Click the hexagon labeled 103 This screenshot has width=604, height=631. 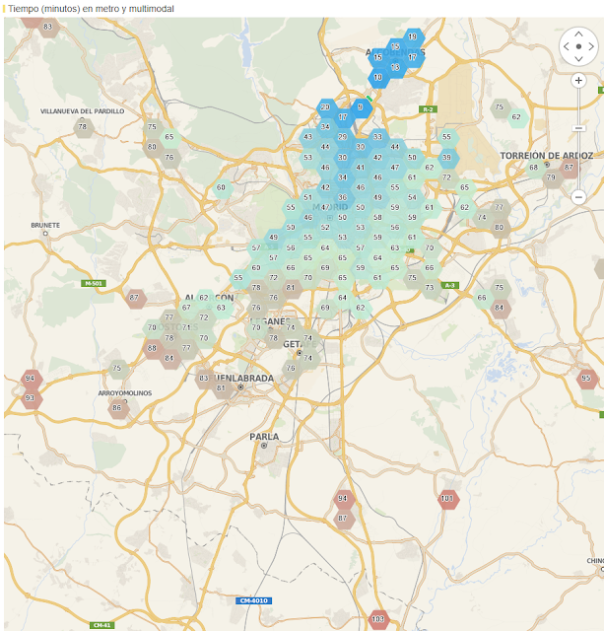[377, 620]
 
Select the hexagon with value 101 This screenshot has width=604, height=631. [448, 499]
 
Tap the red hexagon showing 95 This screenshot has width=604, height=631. [587, 378]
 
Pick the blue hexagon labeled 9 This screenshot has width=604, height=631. [361, 106]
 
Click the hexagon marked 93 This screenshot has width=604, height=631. [31, 398]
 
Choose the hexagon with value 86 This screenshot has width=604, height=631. [117, 407]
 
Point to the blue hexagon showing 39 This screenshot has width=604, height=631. [447, 157]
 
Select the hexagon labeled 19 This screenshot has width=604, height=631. [412, 36]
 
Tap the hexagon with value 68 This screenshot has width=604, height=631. [534, 167]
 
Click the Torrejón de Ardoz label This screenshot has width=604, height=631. [547, 156]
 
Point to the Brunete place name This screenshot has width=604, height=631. [45, 225]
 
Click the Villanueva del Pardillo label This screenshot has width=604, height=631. [83, 111]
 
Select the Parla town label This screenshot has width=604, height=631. [264, 436]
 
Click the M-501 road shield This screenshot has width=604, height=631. [94, 283]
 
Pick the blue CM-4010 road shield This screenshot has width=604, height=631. [253, 600]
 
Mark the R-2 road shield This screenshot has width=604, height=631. [427, 109]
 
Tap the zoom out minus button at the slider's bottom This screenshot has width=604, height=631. [578, 197]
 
